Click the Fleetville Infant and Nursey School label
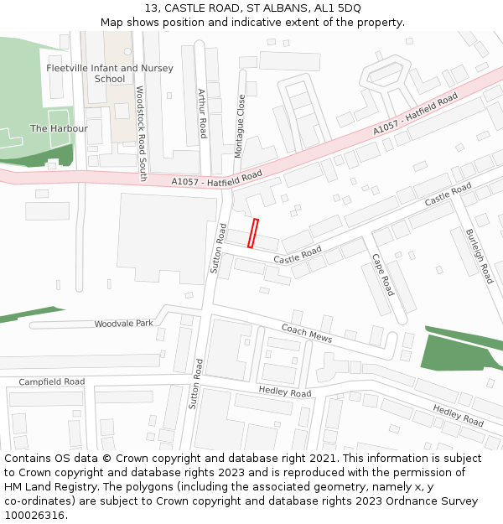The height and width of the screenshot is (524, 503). click(110, 73)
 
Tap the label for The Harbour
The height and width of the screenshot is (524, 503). click(59, 128)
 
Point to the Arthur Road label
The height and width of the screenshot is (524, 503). click(201, 113)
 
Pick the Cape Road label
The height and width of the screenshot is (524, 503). click(382, 274)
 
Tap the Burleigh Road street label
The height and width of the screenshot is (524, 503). click(480, 256)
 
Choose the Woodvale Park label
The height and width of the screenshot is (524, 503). click(124, 324)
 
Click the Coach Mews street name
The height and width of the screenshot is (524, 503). click(307, 333)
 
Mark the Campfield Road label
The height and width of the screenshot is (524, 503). click(52, 381)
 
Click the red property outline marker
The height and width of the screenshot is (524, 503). click(253, 233)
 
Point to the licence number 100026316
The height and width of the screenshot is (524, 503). click(34, 515)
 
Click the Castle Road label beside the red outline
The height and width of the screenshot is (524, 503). click(298, 256)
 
